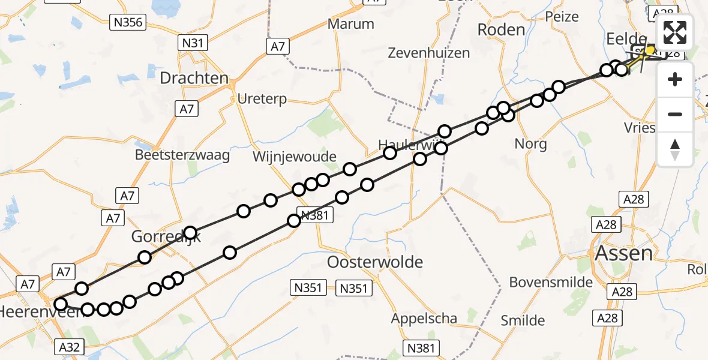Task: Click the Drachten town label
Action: [194, 78]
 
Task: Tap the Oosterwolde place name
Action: [375, 262]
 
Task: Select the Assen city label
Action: [623, 253]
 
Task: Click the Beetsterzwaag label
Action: [182, 155]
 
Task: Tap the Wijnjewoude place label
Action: [294, 157]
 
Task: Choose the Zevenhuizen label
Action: [428, 53]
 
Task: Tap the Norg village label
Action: [530, 144]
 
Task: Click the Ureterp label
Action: [262, 98]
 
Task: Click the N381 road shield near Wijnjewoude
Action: [315, 215]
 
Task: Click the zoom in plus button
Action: [675, 79]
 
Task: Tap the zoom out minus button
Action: [675, 114]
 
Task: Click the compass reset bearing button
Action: [675, 149]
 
